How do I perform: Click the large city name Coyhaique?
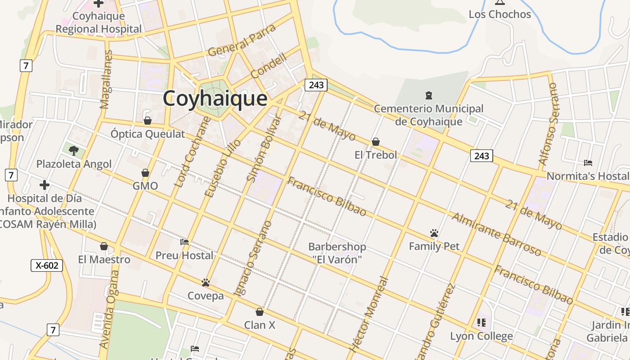pos(215,98)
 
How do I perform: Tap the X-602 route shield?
pos(47,265)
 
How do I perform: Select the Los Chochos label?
pos(500,14)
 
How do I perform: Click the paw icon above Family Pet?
pos(434,233)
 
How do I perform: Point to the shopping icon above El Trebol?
pos(376,142)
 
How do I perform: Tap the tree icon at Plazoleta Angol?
pos(74,150)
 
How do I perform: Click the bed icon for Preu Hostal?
pos(184,242)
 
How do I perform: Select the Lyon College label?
pos(481,336)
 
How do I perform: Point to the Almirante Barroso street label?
pos(496,234)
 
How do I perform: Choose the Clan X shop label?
pos(260,325)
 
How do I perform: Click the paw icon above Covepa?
pos(206,283)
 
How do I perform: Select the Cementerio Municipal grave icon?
pos(429,95)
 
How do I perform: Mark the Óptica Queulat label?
pos(148,134)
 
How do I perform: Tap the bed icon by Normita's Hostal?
pos(588,163)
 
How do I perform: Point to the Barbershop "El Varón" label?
pos(337,253)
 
